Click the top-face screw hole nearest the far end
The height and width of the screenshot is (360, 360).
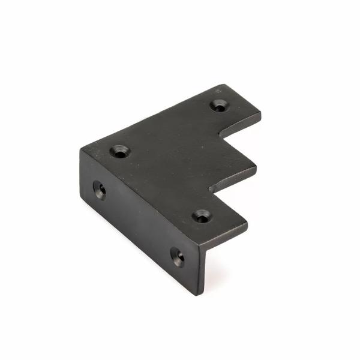[x=219, y=106]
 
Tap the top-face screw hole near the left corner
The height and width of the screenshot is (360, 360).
[x=121, y=151]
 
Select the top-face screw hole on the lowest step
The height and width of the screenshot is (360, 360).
[x=202, y=215]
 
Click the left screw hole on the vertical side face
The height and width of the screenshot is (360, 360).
[x=100, y=190]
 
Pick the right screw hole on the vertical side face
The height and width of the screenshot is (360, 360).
[x=178, y=256]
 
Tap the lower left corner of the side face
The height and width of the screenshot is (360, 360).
[x=85, y=202]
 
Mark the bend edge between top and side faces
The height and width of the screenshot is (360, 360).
[x=144, y=198]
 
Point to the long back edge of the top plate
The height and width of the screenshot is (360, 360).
[x=153, y=114]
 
